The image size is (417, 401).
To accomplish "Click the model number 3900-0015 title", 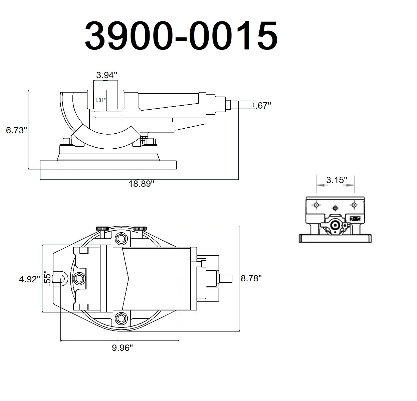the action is [x=181, y=35].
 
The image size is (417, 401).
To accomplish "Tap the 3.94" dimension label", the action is [x=107, y=75].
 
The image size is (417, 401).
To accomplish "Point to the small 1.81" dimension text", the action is [x=100, y=100].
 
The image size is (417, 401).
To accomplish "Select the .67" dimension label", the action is [x=263, y=106].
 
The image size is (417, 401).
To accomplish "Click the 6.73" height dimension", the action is [x=16, y=130].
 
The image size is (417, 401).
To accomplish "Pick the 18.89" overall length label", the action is [x=142, y=184].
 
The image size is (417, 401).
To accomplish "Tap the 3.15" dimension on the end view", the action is [x=337, y=180].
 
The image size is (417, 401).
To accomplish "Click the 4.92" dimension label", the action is [x=30, y=279].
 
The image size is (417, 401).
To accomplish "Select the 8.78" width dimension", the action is [x=251, y=278].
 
